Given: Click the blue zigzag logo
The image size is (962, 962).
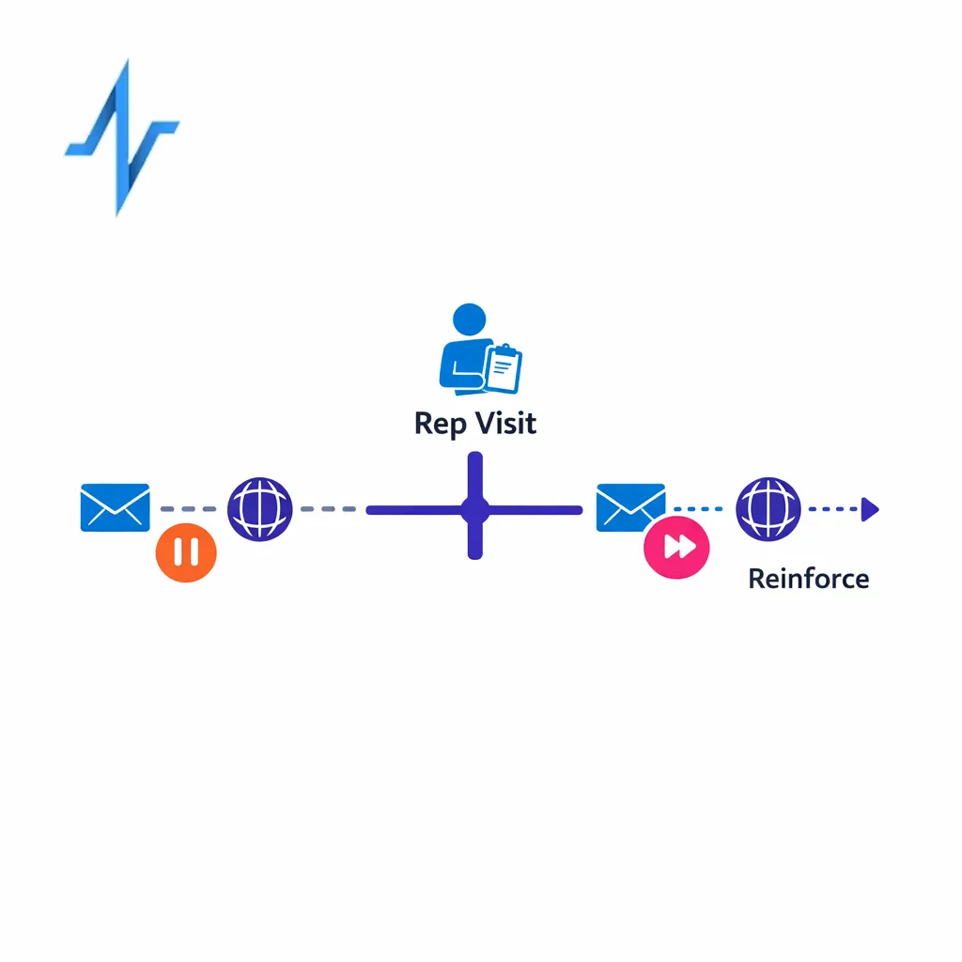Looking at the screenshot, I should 121,136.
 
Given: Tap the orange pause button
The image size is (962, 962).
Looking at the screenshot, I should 186,552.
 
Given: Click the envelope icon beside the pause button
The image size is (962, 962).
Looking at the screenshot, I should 115,507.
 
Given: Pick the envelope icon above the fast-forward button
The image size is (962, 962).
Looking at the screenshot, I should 630,507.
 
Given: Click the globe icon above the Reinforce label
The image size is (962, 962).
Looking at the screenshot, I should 768,508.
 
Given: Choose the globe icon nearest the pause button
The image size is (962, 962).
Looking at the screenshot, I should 260,508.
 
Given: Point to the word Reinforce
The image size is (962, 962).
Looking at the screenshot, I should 808,579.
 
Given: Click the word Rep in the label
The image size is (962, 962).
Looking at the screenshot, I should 440,424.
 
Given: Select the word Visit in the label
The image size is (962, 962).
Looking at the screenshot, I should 504,424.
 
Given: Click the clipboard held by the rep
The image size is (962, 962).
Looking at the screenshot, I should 503,369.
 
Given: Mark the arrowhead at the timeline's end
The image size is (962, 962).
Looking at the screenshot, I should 870,509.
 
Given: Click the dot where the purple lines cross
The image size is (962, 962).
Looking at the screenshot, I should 474,510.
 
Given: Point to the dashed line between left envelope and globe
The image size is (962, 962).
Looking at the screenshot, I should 188,509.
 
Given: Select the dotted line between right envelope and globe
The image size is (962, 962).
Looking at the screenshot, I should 697,509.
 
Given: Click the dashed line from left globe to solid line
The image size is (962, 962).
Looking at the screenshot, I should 328,509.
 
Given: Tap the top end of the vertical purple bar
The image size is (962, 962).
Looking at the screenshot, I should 474,458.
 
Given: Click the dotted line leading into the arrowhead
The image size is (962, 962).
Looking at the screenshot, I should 832,509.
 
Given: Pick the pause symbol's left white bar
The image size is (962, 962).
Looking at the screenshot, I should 178,552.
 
